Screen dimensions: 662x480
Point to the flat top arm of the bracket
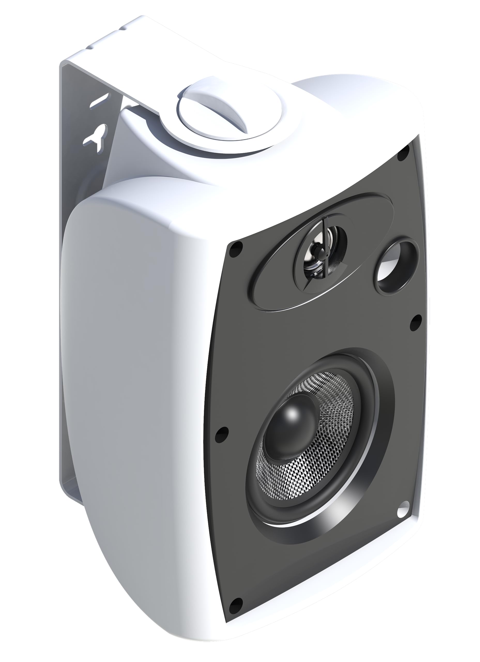coord(163,55)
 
